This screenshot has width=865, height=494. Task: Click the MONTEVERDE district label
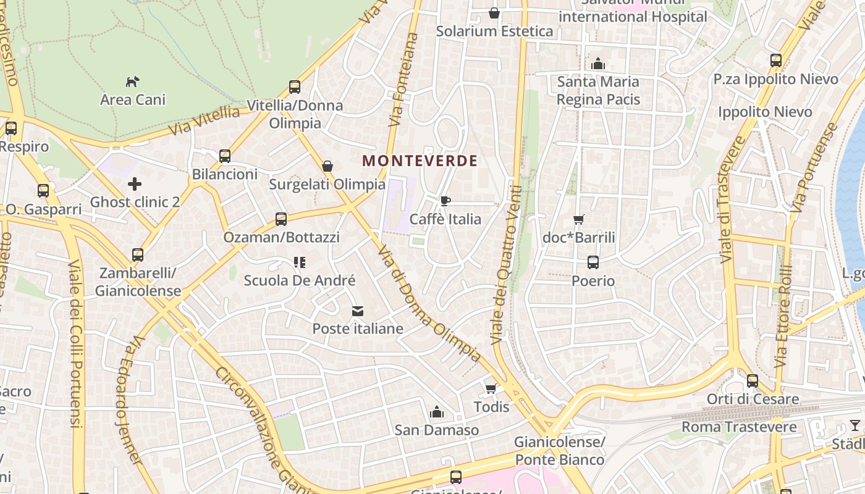click(420, 161)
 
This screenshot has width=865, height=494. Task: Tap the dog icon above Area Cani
click(132, 81)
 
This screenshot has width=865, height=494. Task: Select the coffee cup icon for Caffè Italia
click(445, 201)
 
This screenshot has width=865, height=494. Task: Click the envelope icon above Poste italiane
click(358, 311)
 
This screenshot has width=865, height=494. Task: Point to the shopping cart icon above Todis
click(491, 388)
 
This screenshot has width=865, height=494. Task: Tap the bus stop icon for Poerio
click(593, 262)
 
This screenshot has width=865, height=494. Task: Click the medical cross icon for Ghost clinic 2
click(135, 184)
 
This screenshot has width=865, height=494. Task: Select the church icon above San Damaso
click(437, 412)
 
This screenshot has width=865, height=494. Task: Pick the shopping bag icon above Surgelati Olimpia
click(327, 166)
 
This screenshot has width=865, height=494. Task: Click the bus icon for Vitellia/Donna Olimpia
click(295, 87)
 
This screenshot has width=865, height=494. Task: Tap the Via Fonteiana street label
click(404, 80)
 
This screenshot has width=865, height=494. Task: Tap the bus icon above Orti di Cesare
click(752, 381)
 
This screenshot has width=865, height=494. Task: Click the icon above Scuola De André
click(300, 262)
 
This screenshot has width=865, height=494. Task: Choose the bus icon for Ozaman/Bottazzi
click(281, 219)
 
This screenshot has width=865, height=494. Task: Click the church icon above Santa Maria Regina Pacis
click(597, 64)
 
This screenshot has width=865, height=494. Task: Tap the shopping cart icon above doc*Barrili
click(579, 219)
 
